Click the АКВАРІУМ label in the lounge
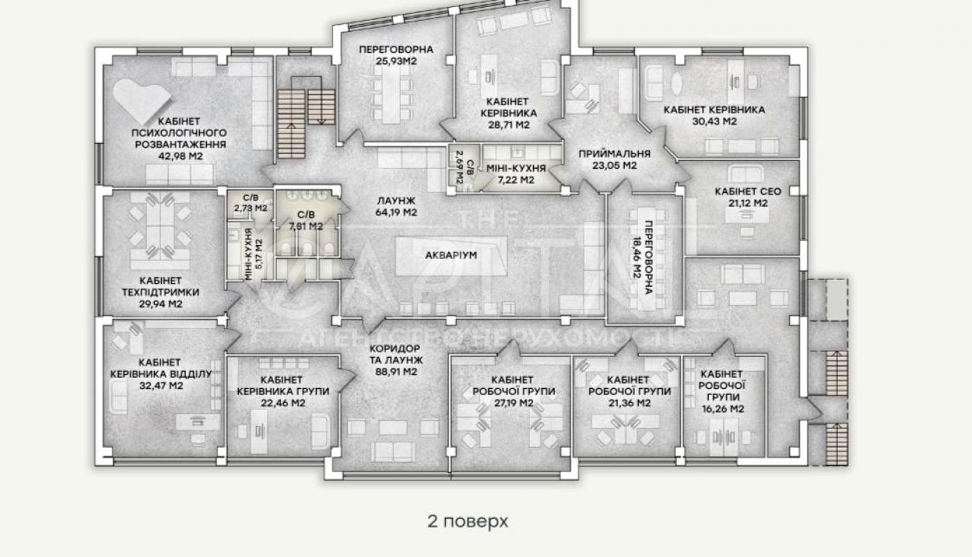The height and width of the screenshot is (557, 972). click(x=451, y=256)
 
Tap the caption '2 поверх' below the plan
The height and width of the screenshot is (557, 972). click(x=467, y=521)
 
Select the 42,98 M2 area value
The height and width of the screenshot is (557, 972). click(x=181, y=156)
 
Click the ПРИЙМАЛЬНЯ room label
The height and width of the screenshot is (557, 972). click(x=614, y=153)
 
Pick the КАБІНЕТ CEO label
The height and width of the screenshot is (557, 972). click(x=748, y=192)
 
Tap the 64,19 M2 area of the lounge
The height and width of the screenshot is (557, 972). click(x=396, y=213)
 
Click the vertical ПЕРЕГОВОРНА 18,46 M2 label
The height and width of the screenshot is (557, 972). click(x=643, y=258)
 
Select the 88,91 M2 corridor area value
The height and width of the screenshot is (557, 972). click(x=396, y=372)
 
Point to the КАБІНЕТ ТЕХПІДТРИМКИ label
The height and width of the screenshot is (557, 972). click(x=160, y=287)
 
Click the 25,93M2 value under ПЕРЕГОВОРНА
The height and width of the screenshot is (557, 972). click(x=396, y=61)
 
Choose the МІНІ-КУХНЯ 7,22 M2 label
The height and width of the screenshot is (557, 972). click(x=516, y=174)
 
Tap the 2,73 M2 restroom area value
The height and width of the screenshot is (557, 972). click(x=251, y=208)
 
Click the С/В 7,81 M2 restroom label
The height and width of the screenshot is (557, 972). click(x=306, y=221)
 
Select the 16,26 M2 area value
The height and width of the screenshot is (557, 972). click(x=723, y=409)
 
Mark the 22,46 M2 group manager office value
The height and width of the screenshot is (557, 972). click(x=283, y=404)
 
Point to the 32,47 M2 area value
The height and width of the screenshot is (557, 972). click(x=161, y=386)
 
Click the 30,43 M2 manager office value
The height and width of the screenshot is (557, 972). click(x=714, y=122)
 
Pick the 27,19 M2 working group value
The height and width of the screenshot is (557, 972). click(x=514, y=404)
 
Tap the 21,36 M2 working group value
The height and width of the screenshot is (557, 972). click(x=630, y=404)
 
